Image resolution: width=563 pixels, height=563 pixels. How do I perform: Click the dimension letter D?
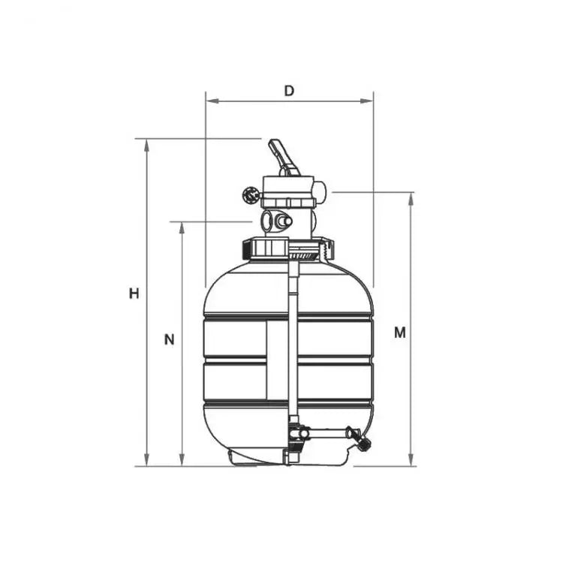pos(289,90)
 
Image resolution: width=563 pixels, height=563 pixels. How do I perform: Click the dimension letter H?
pos(134,294)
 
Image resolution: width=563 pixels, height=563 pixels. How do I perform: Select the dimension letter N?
pos(170,339)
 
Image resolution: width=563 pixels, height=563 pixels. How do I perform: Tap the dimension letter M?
pos(400,332)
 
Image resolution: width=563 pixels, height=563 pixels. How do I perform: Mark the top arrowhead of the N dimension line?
pos(182,227)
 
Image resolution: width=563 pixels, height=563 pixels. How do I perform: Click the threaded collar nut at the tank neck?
pos(288,247)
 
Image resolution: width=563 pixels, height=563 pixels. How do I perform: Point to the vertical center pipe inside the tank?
pos(293,338)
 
